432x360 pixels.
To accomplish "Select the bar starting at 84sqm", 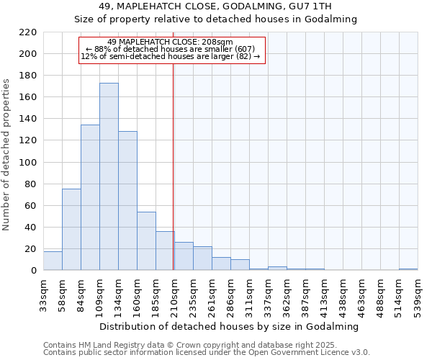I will click(90, 198).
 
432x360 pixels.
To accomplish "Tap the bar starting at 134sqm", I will click(127, 201).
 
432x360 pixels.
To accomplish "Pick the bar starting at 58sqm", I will click(71, 230).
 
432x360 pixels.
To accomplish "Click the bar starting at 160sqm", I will click(146, 241).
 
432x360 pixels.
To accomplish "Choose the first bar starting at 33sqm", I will click(53, 261).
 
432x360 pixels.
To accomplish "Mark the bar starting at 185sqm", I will click(165, 251).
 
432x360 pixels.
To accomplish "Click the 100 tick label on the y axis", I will click(28, 163).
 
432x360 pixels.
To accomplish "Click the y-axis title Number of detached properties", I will click(7, 155).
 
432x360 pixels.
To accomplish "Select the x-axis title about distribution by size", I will click(230, 326).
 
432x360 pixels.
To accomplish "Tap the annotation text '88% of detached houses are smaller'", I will click(173, 49).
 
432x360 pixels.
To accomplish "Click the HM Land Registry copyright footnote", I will click(185, 345).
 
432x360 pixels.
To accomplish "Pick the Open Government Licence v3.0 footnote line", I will click(206, 353).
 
